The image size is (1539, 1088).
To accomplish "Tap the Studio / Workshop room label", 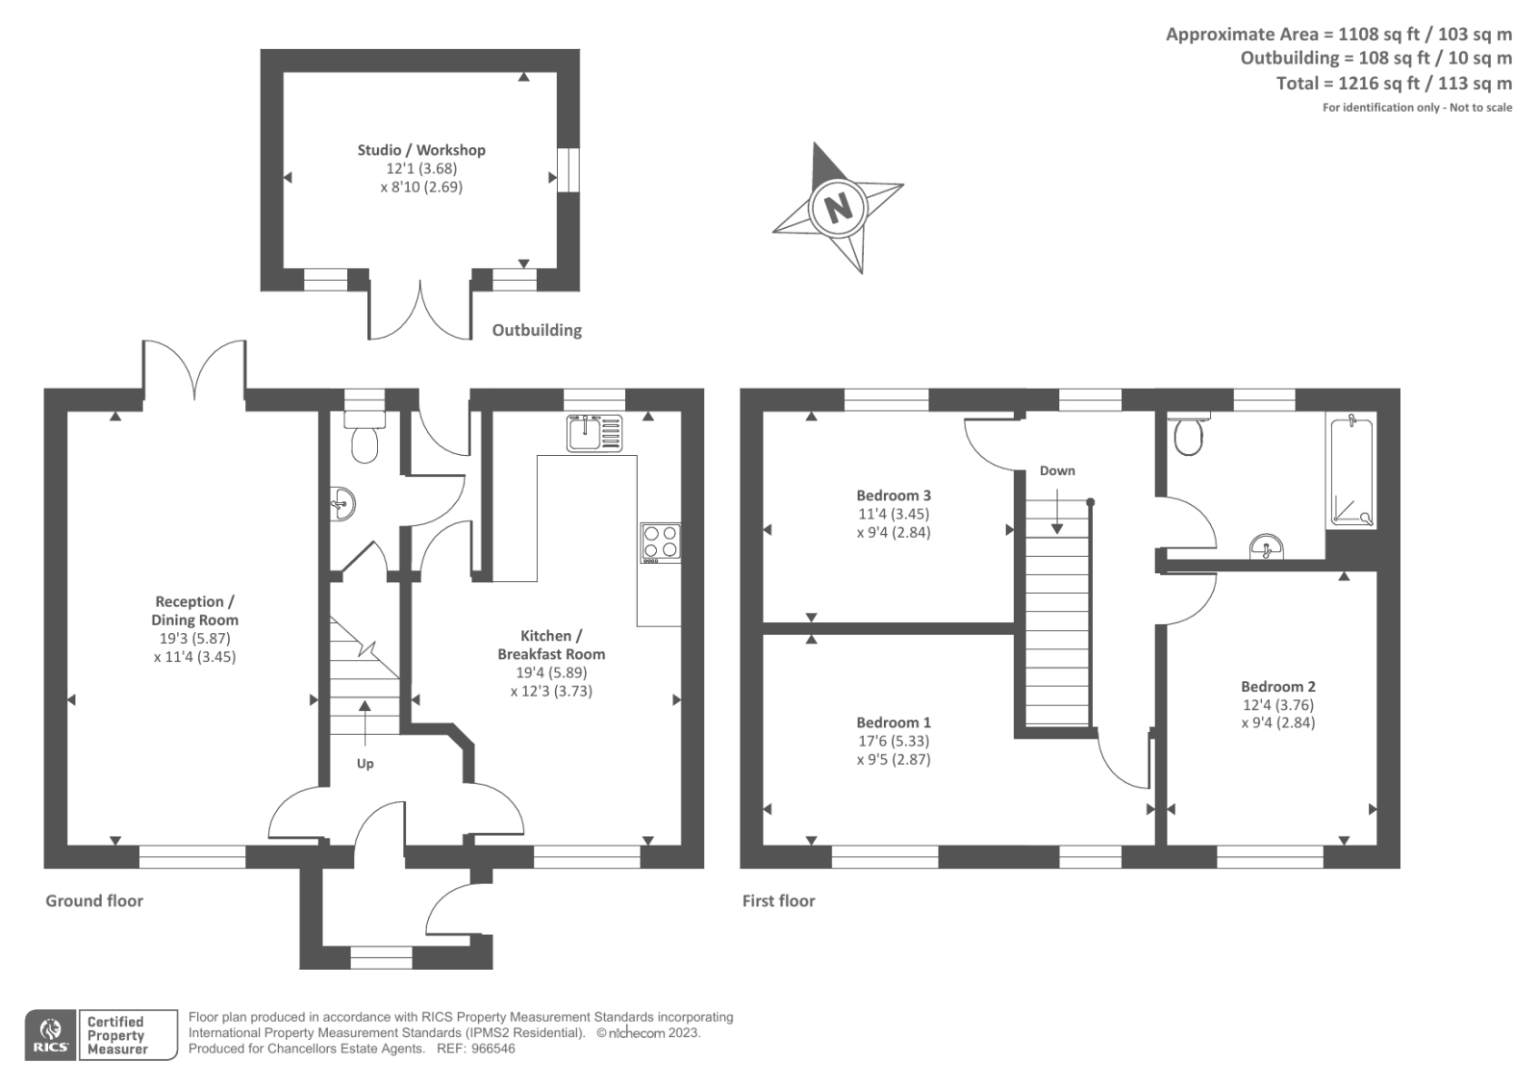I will pos(421,150).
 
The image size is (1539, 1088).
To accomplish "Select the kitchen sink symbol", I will pos(594,433).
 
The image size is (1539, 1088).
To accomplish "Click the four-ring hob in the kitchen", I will pos(661,543).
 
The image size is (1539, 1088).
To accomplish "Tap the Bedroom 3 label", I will pos(894,495).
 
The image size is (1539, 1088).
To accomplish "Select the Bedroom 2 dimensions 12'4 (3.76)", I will pos(1277,705).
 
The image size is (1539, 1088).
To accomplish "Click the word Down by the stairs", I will pos(1057,470).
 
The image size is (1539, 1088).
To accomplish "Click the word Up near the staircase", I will pos(366,764).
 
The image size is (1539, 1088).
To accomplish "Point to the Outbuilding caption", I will pos(537,330).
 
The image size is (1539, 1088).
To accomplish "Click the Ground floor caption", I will pos(94,901).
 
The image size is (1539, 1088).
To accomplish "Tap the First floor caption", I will pos(778,901).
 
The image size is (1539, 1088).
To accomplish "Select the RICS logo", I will pos(50,1035).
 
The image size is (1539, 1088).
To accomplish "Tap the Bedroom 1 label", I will pos(894,722).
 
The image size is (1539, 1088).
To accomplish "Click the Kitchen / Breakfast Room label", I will pos(551,645).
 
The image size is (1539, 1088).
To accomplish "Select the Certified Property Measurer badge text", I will pos(117,1035).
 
